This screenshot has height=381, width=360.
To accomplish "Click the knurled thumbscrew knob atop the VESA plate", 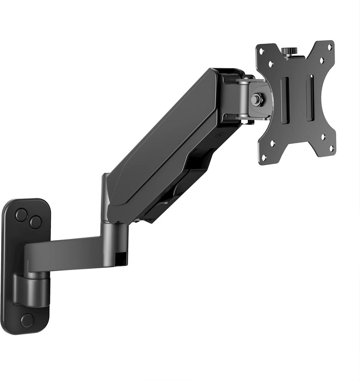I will coord(291,52).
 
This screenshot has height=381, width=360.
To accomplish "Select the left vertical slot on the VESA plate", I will coord(285,100).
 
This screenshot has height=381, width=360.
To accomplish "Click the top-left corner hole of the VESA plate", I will coord(262,51).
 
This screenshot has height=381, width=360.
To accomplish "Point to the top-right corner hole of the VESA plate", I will coord(330,46).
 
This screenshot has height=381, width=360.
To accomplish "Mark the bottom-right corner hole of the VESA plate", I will coord(331,149).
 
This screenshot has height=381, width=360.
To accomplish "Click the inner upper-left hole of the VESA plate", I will coord(271,64).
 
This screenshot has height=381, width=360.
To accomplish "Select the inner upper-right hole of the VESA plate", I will coord(322,60).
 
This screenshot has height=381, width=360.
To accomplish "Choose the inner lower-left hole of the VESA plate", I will coord(272,143).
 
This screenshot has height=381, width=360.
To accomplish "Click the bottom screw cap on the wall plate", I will coord(27,320).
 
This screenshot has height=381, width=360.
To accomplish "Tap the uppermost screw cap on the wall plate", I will coord(21,215).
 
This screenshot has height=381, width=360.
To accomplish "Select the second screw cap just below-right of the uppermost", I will coord(35,222).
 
